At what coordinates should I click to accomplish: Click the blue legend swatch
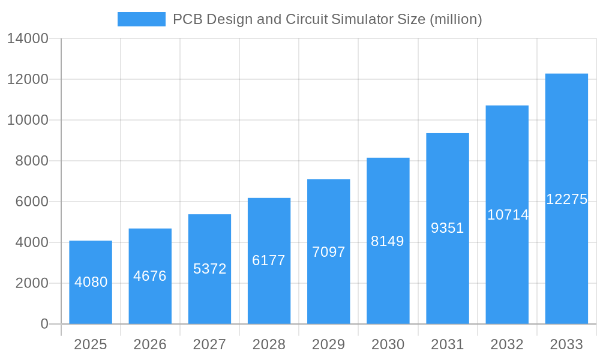coord(141,19)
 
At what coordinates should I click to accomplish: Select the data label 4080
coord(91,282)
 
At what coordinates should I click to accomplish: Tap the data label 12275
coord(566,199)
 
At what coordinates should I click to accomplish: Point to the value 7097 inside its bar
coord(328,252)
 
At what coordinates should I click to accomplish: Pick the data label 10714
coord(508,215)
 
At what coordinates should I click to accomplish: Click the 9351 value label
coord(447,228)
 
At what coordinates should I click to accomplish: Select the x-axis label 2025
coord(91,344)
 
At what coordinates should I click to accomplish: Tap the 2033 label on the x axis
coord(566,344)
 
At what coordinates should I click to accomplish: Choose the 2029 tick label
coord(328,344)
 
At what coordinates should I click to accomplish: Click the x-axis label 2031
coord(447,344)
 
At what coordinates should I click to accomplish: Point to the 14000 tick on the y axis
coord(27,38)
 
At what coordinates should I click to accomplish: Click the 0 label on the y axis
coord(44,324)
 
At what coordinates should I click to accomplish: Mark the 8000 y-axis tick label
coord(31,161)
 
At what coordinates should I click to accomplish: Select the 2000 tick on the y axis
coord(31,283)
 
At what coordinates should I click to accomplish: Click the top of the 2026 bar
coord(150,229)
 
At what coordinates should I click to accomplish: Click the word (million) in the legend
coord(456,19)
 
